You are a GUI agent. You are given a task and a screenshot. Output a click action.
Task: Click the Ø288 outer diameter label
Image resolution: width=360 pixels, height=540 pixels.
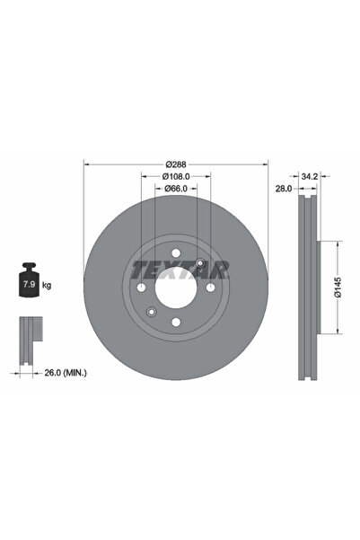coord(176,164)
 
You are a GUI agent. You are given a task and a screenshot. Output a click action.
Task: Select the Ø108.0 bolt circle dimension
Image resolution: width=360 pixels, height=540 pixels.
coord(176,176)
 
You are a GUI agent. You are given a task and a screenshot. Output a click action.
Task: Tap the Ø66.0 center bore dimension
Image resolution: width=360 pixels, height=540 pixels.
coord(176,189)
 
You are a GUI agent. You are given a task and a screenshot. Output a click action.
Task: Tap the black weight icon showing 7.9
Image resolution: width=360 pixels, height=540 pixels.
coord(28,284)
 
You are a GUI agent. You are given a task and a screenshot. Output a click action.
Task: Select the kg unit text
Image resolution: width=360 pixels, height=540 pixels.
coord(47,285)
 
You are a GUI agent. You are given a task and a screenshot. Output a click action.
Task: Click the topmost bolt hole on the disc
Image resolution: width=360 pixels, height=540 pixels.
coord(176,252)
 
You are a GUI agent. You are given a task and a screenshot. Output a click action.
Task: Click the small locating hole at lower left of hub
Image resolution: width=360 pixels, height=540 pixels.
coord(152,311)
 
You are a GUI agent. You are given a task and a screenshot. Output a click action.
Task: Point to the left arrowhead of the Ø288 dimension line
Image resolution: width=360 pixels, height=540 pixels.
coord(86,164)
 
